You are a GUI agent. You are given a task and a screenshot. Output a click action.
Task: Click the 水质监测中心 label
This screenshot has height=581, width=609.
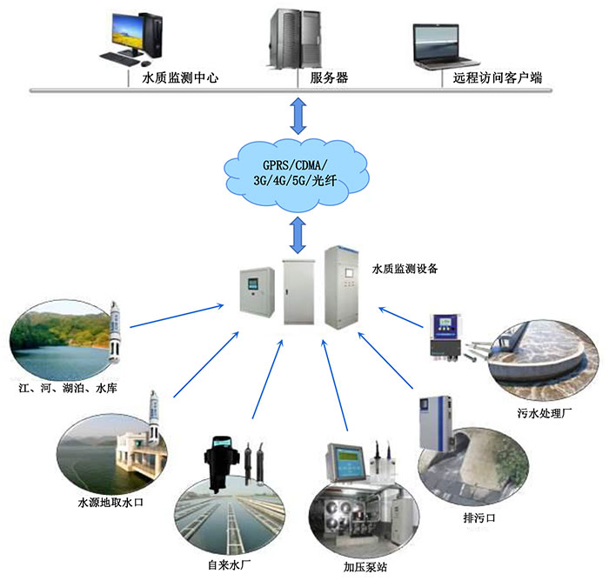[180, 77]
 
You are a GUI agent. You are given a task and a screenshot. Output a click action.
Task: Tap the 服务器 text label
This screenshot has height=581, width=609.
[329, 77]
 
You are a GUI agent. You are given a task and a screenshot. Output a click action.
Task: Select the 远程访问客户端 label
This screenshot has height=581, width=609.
[497, 77]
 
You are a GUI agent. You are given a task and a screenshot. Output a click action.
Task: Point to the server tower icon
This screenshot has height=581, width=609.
[295, 39]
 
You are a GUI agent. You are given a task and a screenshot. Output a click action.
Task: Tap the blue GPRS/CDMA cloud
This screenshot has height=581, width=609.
[296, 175]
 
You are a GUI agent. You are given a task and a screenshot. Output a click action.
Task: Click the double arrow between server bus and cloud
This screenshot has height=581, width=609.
[298, 116]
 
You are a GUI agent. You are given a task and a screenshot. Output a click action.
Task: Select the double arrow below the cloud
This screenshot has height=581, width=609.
[298, 236]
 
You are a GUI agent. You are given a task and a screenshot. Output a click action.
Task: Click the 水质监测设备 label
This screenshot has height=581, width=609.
[405, 269]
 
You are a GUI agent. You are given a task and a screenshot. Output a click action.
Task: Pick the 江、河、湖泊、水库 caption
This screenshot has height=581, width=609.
[68, 388]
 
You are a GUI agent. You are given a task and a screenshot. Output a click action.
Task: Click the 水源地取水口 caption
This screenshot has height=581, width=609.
[110, 503]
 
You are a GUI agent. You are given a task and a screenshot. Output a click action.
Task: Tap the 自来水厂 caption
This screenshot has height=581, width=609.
[229, 565]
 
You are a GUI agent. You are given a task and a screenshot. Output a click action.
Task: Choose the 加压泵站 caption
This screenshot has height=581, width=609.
[365, 567]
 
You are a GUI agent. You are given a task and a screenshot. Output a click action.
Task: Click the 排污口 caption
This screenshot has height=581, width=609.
[479, 518]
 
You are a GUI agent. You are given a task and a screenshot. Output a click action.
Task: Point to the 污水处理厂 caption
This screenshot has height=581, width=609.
[544, 413]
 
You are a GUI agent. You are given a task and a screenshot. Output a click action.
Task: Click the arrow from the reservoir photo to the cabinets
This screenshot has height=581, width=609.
[177, 316]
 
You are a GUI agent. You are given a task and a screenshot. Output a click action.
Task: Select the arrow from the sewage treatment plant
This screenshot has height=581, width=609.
[401, 317]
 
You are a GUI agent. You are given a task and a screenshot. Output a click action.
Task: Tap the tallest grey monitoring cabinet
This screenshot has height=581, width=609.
[342, 287]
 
